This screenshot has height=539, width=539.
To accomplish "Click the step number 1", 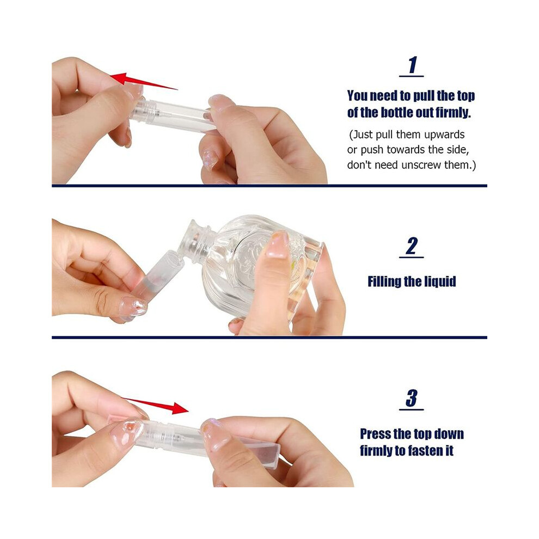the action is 412,65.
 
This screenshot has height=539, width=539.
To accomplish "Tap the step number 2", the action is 412,246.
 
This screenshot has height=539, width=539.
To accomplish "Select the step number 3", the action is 412,398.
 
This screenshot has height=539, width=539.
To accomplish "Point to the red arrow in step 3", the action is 155,406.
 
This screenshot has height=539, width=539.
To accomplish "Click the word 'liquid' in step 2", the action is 442,281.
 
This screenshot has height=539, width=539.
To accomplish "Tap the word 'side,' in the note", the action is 458,150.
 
